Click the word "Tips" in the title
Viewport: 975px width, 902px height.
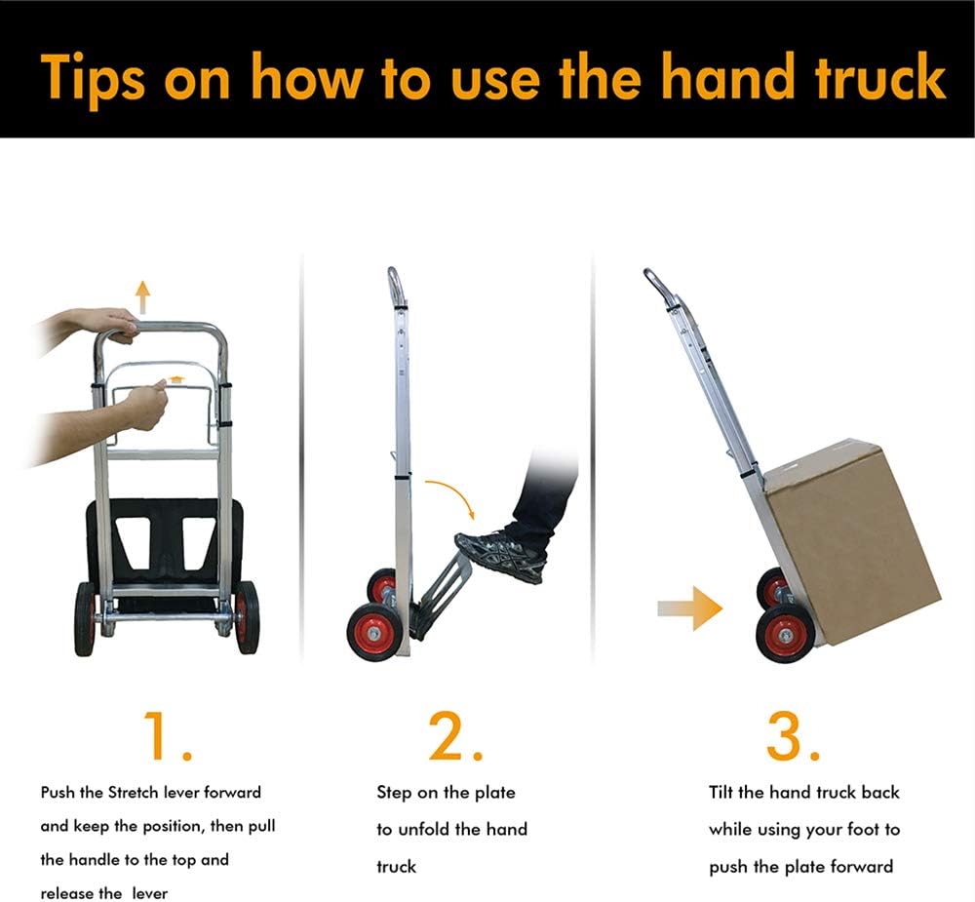94,78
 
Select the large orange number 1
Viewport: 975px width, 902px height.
167,736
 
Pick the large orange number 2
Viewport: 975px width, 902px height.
455,736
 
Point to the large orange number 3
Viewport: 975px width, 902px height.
793,736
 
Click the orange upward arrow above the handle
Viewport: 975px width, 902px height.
143,297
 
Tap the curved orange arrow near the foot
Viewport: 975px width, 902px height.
450,495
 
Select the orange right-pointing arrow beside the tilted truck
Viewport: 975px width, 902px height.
690,608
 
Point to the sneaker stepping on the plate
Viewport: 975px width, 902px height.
501,555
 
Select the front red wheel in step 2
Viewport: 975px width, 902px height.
373,633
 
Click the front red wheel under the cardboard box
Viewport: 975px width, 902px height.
784,635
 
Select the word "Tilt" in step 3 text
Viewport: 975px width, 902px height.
721,792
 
